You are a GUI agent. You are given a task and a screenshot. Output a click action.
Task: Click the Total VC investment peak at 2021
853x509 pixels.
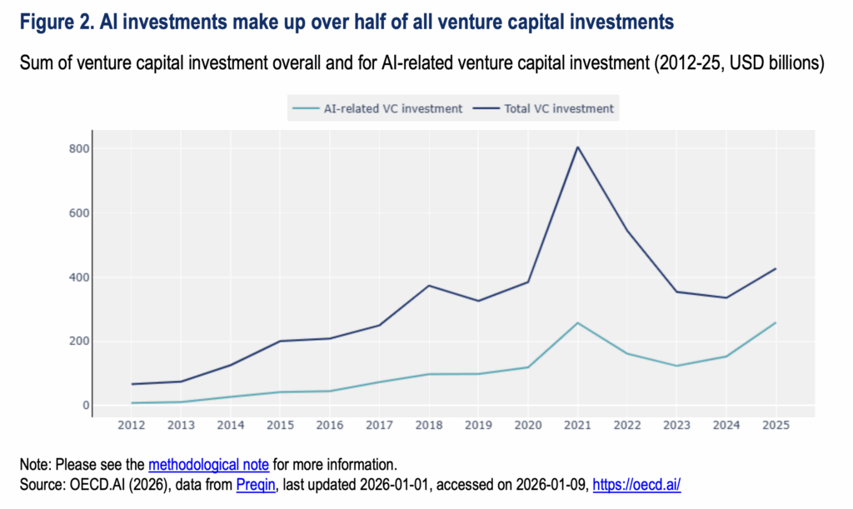click(x=577, y=147)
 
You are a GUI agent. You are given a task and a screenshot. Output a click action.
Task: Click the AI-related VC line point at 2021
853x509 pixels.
click(x=577, y=323)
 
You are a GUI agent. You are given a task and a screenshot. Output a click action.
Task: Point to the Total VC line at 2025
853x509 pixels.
click(x=775, y=269)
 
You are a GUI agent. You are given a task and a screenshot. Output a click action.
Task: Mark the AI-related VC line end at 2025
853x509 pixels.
click(x=775, y=323)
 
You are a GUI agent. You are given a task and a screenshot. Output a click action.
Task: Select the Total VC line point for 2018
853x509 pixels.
click(x=429, y=286)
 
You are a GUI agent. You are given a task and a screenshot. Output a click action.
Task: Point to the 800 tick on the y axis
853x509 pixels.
click(x=79, y=149)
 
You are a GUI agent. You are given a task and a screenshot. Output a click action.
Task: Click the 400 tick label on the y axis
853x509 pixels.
click(x=79, y=277)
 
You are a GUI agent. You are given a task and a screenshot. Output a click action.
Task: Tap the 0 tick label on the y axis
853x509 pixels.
click(x=84, y=406)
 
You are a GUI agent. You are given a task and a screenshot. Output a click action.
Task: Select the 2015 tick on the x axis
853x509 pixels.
click(x=281, y=425)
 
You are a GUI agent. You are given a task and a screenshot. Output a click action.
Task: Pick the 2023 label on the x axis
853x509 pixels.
click(x=676, y=425)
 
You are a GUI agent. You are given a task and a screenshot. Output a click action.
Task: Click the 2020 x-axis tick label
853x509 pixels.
click(x=527, y=425)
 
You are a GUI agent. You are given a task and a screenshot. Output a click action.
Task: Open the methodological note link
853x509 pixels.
click(x=208, y=464)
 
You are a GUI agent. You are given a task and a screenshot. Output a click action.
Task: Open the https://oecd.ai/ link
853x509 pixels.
click(x=636, y=484)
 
